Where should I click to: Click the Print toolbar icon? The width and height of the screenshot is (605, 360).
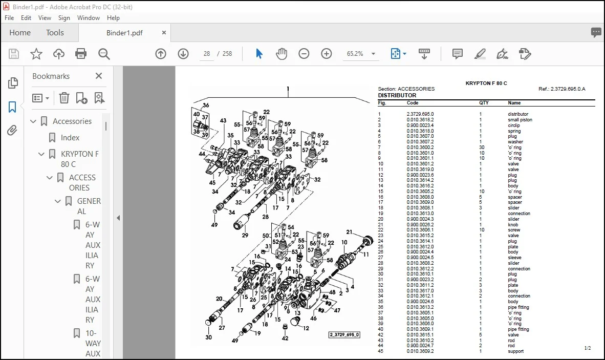pyautogui.click(x=81, y=54)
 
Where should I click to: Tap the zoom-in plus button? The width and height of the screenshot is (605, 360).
pyautogui.click(x=327, y=54)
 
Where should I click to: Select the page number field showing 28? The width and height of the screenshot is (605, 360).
pyautogui.click(x=207, y=54)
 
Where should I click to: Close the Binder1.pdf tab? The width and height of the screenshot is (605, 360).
pyautogui.click(x=164, y=33)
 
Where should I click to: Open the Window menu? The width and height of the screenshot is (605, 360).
pyautogui.click(x=89, y=18)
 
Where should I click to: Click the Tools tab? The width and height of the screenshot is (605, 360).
pyautogui.click(x=55, y=33)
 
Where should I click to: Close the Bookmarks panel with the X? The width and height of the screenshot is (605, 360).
pyautogui.click(x=99, y=76)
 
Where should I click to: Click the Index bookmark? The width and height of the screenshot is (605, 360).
pyautogui.click(x=70, y=138)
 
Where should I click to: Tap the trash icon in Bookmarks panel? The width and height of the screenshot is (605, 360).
pyautogui.click(x=64, y=98)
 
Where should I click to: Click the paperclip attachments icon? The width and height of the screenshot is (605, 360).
pyautogui.click(x=12, y=131)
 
